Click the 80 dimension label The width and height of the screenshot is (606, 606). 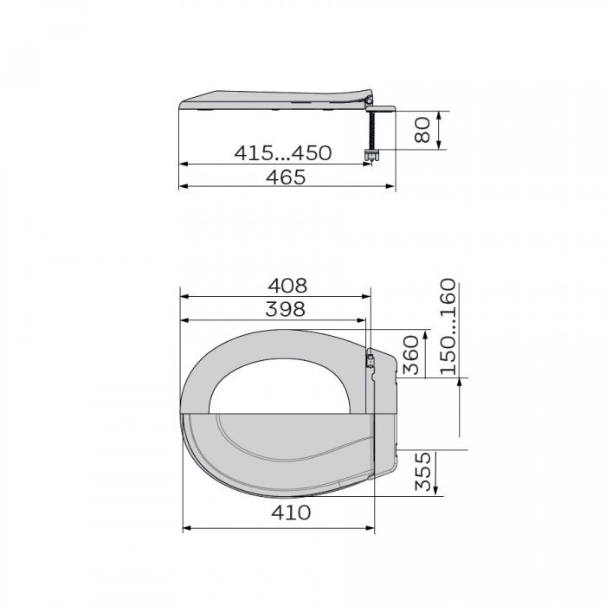422,130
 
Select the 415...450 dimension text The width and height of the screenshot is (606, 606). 283,153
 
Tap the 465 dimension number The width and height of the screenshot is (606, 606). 286,177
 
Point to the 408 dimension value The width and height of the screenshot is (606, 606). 287,286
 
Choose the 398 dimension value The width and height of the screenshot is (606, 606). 286,309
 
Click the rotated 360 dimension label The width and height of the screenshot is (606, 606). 411,355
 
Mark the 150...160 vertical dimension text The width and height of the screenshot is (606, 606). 448,326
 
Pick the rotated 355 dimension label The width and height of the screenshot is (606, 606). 422,471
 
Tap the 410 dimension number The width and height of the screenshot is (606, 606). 291,513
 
